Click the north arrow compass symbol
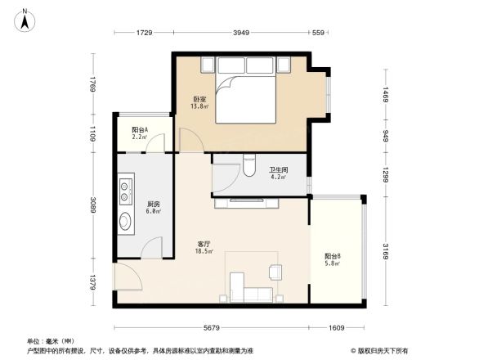coord(25,19)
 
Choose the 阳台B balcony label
coord(332,259)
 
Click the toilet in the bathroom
coord(250,168)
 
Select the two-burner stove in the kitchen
coord(127,191)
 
